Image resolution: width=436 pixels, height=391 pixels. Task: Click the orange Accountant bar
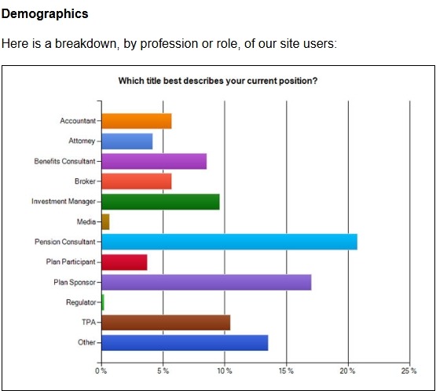click(137, 121)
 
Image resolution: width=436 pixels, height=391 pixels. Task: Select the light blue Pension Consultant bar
click(229, 242)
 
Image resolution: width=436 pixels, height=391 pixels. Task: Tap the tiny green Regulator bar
click(103, 302)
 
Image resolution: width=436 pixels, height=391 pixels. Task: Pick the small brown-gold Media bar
click(106, 221)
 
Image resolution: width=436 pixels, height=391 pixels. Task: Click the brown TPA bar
click(166, 323)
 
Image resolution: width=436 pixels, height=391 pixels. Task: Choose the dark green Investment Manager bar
click(160, 202)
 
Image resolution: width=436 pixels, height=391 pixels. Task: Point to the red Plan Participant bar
click(124, 262)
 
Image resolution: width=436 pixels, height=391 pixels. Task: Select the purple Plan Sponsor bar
click(207, 283)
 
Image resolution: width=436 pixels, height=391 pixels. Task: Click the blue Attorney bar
click(127, 141)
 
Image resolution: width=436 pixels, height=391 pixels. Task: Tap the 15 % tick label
click(286, 371)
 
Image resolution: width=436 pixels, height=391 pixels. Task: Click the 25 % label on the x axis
click(409, 371)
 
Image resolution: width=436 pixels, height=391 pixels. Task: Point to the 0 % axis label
click(101, 371)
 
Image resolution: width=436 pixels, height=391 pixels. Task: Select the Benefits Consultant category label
click(64, 162)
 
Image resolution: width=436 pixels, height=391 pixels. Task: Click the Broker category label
click(85, 181)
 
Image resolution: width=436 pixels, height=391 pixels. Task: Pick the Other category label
click(86, 342)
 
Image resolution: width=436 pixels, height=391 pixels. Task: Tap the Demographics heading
click(45, 14)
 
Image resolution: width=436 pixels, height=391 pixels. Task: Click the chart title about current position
click(218, 81)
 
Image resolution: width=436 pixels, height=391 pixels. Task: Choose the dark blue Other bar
click(185, 342)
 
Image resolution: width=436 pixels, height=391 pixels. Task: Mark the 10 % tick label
click(225, 371)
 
